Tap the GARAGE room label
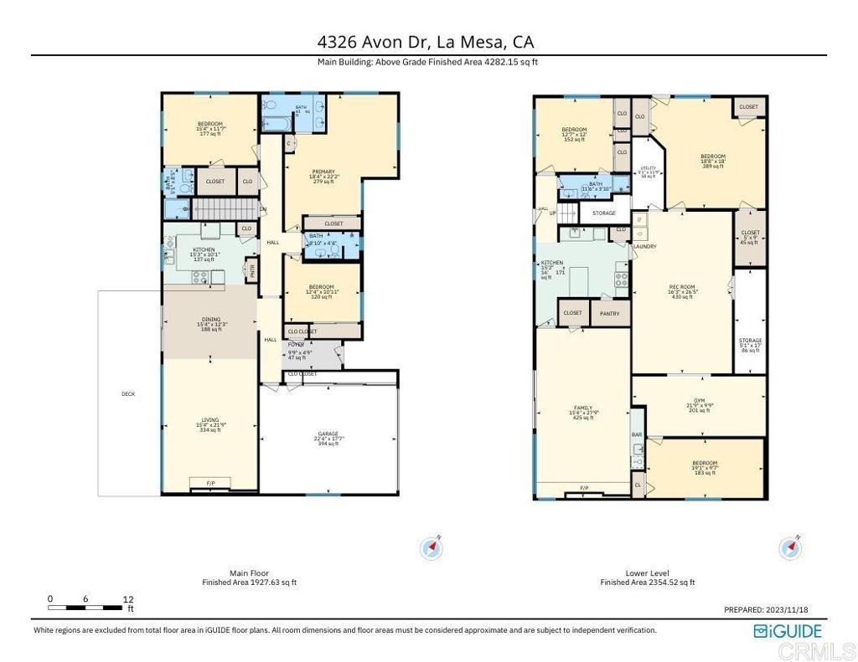pos(327,434)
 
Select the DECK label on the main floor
pos(128,393)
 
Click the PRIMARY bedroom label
pos(322,172)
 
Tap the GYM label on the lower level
pos(699,401)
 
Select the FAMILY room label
pos(582,408)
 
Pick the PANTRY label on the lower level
pos(610,314)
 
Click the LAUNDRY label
pos(644,247)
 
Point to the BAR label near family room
pos(637,435)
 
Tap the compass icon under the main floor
pos(432,548)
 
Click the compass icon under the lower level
pos(791,548)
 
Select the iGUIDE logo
pos(788,631)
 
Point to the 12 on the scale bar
pos(128,599)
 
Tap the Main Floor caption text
pos(249,574)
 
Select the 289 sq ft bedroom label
pos(713,162)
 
